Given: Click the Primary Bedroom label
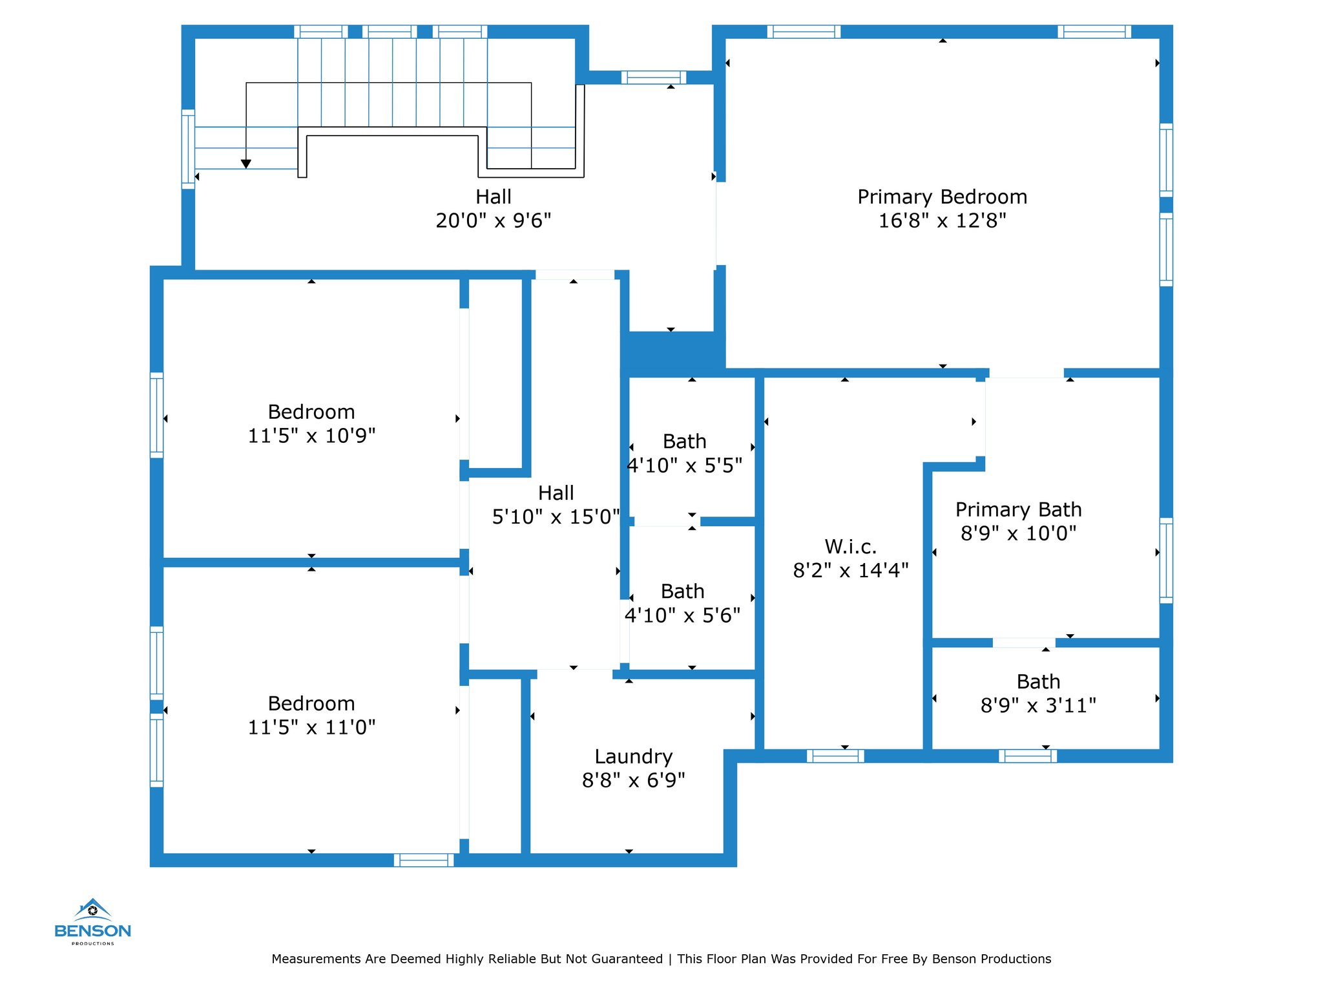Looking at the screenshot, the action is [942, 197].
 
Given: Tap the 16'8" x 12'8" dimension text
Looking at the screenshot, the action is [942, 220].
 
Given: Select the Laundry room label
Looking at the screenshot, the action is [633, 756].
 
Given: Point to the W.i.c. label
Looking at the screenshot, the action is [851, 547].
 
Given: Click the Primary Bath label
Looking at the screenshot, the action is [1019, 509].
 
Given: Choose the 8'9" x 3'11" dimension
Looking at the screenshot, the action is [1038, 705].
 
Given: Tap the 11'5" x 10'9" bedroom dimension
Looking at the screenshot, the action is [311, 436].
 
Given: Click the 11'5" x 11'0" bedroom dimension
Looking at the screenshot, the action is [311, 727].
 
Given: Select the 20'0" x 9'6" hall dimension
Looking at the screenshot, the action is [494, 220].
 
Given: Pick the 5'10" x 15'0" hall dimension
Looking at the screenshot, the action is [556, 517].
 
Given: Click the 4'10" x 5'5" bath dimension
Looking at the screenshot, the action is [685, 465].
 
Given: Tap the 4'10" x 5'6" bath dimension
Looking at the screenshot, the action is [682, 615].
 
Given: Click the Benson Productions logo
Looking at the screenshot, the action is [93, 922].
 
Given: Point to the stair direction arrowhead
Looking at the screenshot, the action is [246, 164].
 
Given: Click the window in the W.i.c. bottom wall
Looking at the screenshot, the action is [835, 756].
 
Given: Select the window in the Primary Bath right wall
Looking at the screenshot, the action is [1166, 561].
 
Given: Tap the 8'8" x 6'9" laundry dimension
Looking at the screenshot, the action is [633, 780].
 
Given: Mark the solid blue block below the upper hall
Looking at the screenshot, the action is [673, 354].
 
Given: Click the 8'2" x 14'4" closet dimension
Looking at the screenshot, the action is [851, 570].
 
